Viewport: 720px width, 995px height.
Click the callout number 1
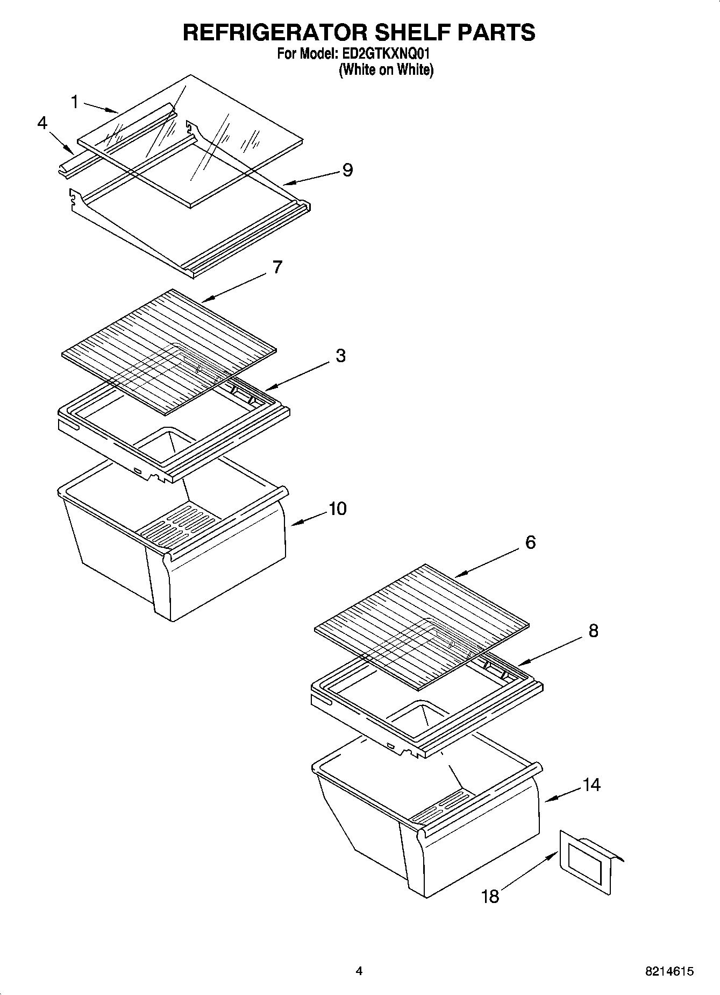[75, 102]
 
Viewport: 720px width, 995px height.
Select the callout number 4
[42, 123]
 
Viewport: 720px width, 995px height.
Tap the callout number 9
[347, 170]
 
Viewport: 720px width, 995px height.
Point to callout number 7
[277, 267]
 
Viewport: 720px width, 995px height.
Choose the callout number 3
[340, 356]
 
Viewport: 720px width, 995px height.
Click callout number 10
[337, 508]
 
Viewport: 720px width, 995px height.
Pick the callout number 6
[530, 542]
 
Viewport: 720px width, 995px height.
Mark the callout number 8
[593, 630]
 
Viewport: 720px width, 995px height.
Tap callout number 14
[591, 785]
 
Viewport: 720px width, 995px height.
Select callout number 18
[490, 897]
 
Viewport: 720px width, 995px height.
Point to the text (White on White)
[386, 69]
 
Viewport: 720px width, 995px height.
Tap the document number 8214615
[669, 971]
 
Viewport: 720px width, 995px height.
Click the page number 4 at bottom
[359, 971]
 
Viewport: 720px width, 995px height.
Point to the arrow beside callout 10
[308, 518]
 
